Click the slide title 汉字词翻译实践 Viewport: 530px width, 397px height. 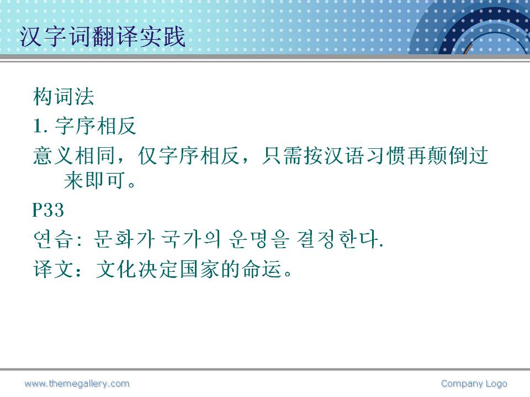pyautogui.click(x=103, y=36)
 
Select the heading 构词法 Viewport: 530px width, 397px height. pyautogui.click(x=63, y=96)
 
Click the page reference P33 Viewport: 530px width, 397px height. pyautogui.click(x=48, y=210)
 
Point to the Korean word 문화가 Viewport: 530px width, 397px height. pyautogui.click(x=124, y=239)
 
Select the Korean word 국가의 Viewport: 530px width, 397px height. pyautogui.click(x=190, y=239)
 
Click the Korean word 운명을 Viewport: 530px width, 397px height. pyautogui.click(x=259, y=239)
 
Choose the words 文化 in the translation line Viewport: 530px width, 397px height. pyautogui.click(x=116, y=269)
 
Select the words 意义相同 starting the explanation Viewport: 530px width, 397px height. pyautogui.click(x=74, y=155)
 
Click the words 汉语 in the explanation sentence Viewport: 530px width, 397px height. pyautogui.click(x=344, y=155)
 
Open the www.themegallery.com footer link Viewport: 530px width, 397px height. pyautogui.click(x=77, y=384)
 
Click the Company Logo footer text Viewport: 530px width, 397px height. pyautogui.click(x=474, y=384)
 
